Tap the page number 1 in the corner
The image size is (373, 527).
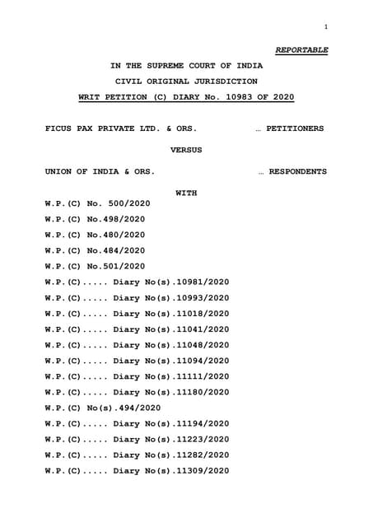[326, 27]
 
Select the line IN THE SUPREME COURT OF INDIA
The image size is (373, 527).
[187, 65]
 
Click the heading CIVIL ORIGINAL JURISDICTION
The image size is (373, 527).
[186, 81]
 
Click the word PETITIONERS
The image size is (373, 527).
[295, 128]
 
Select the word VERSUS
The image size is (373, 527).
[186, 151]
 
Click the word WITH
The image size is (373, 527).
[187, 193]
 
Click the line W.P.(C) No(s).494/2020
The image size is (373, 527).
[103, 408]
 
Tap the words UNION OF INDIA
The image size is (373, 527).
[83, 171]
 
